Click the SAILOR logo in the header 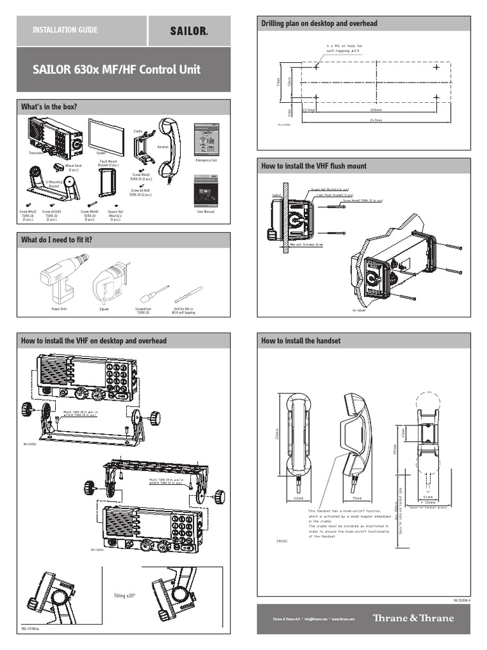point(189,30)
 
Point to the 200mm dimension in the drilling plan point(376,110)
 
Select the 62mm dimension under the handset point(300,498)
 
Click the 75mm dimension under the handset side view point(356,498)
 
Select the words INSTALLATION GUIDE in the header point(58,30)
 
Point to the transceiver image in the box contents point(53,136)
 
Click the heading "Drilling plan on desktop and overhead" point(320,23)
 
